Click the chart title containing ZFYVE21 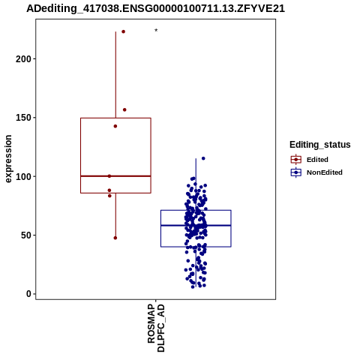point(155,8)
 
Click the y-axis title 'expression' point(8,159)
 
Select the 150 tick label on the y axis point(23,118)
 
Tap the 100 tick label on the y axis point(23,176)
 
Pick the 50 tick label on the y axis point(26,235)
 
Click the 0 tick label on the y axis point(29,294)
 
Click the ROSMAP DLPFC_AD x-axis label point(156,328)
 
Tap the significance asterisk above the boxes point(156,30)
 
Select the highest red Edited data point point(123,31)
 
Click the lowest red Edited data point point(115,238)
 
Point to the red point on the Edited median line point(109,176)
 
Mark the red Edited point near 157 point(124,109)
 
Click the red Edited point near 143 point(115,126)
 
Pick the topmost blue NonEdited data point point(203,158)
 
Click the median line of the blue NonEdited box point(196,226)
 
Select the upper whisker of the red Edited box point(115,75)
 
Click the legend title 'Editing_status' point(320,145)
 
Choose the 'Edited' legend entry point(310,160)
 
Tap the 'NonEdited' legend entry point(316,172)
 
